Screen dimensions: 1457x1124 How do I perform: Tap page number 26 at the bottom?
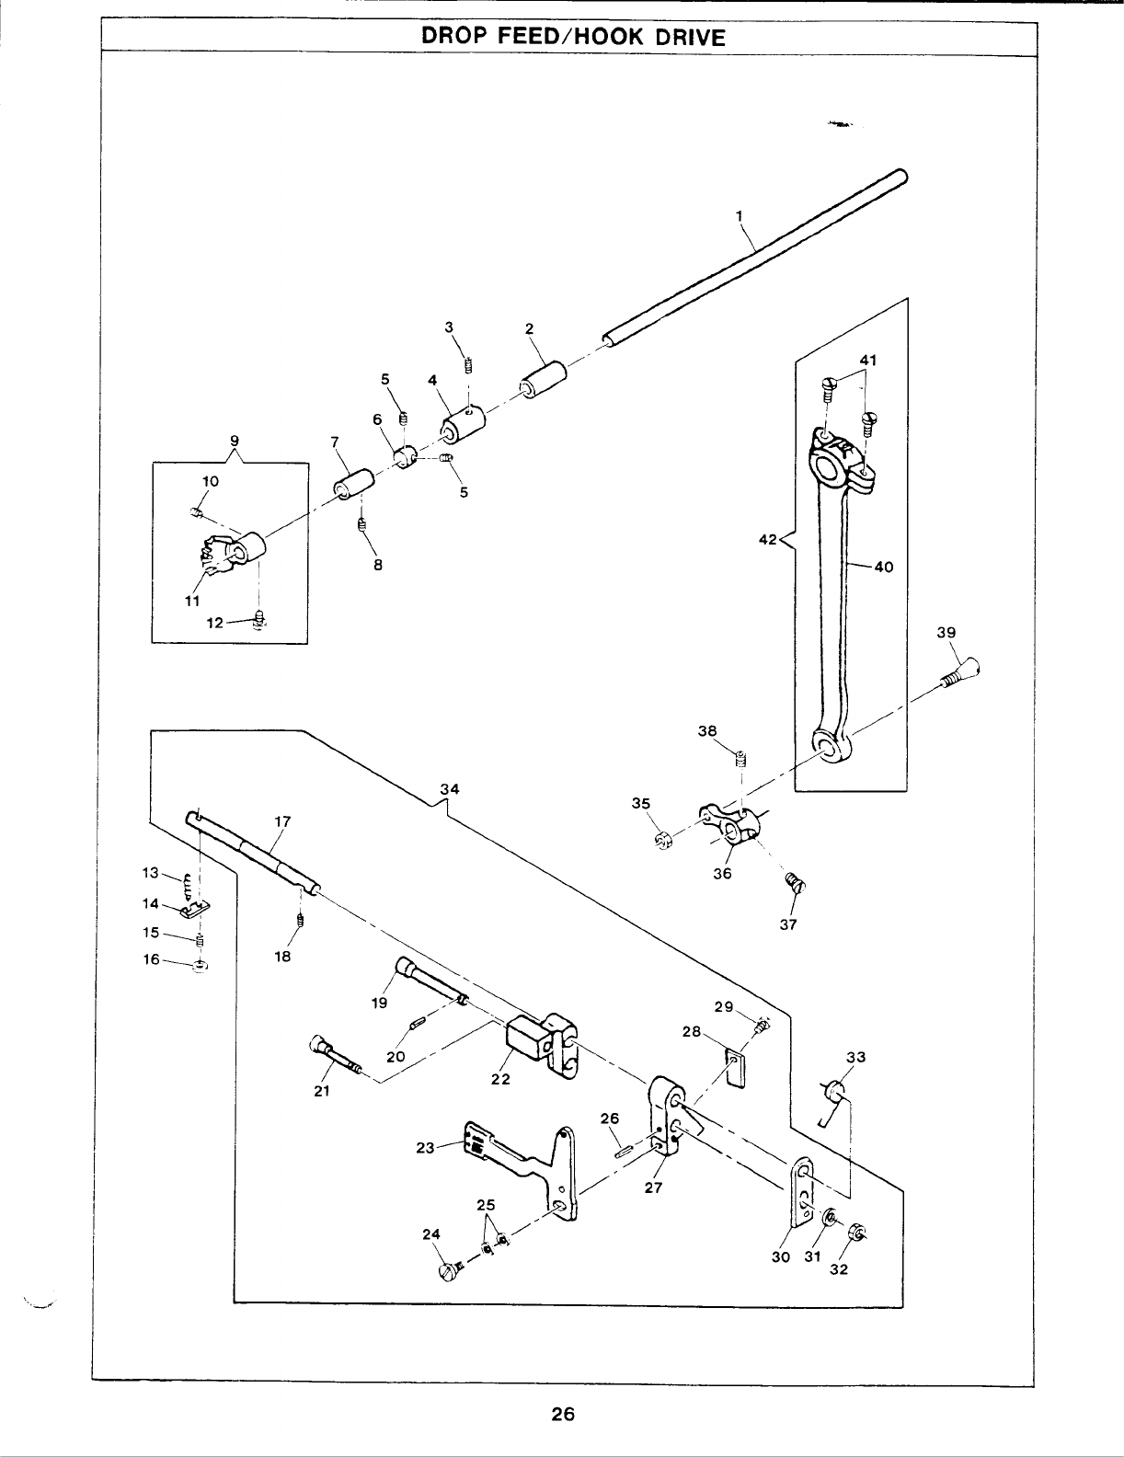coord(563,1414)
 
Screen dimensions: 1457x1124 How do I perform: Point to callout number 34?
coord(449,788)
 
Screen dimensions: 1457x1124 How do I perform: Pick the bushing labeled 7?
coord(354,483)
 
